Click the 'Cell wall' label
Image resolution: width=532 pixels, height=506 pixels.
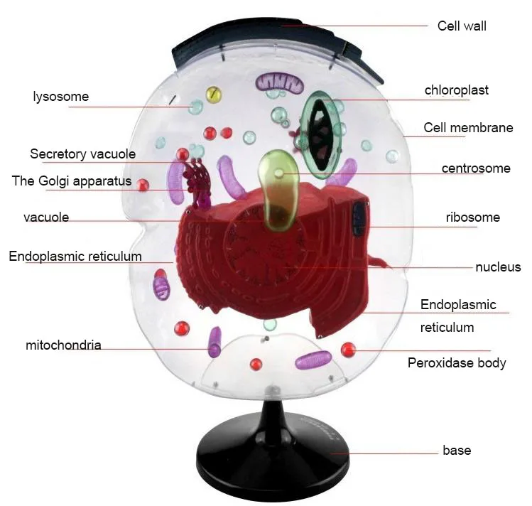(462, 26)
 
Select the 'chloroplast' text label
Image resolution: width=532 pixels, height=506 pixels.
(456, 90)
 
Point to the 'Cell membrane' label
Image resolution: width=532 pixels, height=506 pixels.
(468, 128)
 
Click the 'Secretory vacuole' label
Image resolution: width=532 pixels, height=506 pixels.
(82, 154)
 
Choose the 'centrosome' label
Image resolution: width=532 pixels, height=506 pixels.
(476, 168)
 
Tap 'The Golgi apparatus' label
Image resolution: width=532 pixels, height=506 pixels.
(72, 181)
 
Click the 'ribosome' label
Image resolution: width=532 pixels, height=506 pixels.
(473, 217)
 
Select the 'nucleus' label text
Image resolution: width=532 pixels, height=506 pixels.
(498, 267)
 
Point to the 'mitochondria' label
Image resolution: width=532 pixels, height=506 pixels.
(63, 345)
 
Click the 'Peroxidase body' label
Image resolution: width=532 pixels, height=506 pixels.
(457, 363)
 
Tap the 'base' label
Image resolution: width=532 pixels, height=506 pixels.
(457, 450)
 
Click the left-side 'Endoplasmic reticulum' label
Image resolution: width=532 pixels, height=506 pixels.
(75, 256)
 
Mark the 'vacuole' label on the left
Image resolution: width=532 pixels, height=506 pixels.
(46, 217)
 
